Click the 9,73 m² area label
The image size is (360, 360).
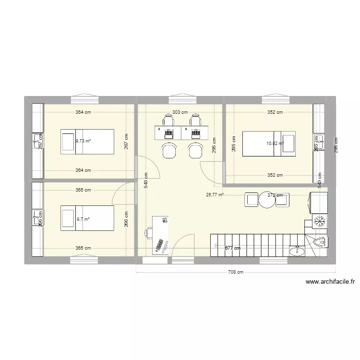(x=83, y=141)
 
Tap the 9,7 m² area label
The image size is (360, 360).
(x=83, y=219)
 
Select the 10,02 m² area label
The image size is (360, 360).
(x=276, y=143)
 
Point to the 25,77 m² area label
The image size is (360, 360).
(x=215, y=195)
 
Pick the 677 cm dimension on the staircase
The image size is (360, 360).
(x=232, y=248)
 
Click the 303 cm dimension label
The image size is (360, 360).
(x=180, y=112)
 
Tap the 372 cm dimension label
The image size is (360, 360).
(x=275, y=195)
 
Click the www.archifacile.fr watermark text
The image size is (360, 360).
(x=330, y=282)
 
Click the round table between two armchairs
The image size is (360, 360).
(x=267, y=200)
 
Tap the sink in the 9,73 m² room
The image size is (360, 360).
(x=37, y=140)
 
